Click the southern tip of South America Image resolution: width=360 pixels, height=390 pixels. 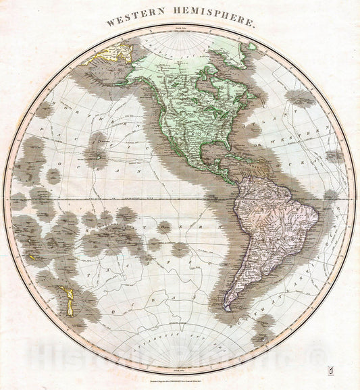(227, 309)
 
